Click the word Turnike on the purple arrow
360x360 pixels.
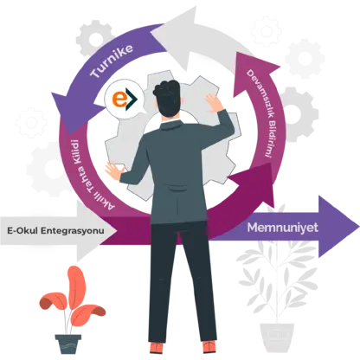click(x=112, y=61)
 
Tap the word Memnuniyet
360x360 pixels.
click(x=283, y=228)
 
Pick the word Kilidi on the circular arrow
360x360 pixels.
click(x=75, y=152)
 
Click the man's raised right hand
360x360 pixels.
click(x=215, y=102)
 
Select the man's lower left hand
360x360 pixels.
click(x=114, y=170)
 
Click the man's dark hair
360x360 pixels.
click(x=167, y=98)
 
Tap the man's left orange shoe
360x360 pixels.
click(x=157, y=348)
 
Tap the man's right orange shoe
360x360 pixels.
click(x=209, y=347)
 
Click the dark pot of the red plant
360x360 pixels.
click(x=68, y=344)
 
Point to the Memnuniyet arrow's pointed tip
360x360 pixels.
click(x=359, y=227)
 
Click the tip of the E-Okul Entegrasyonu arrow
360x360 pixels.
click(x=117, y=231)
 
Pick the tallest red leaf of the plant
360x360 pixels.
click(x=76, y=285)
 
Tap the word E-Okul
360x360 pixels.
click(x=22, y=231)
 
